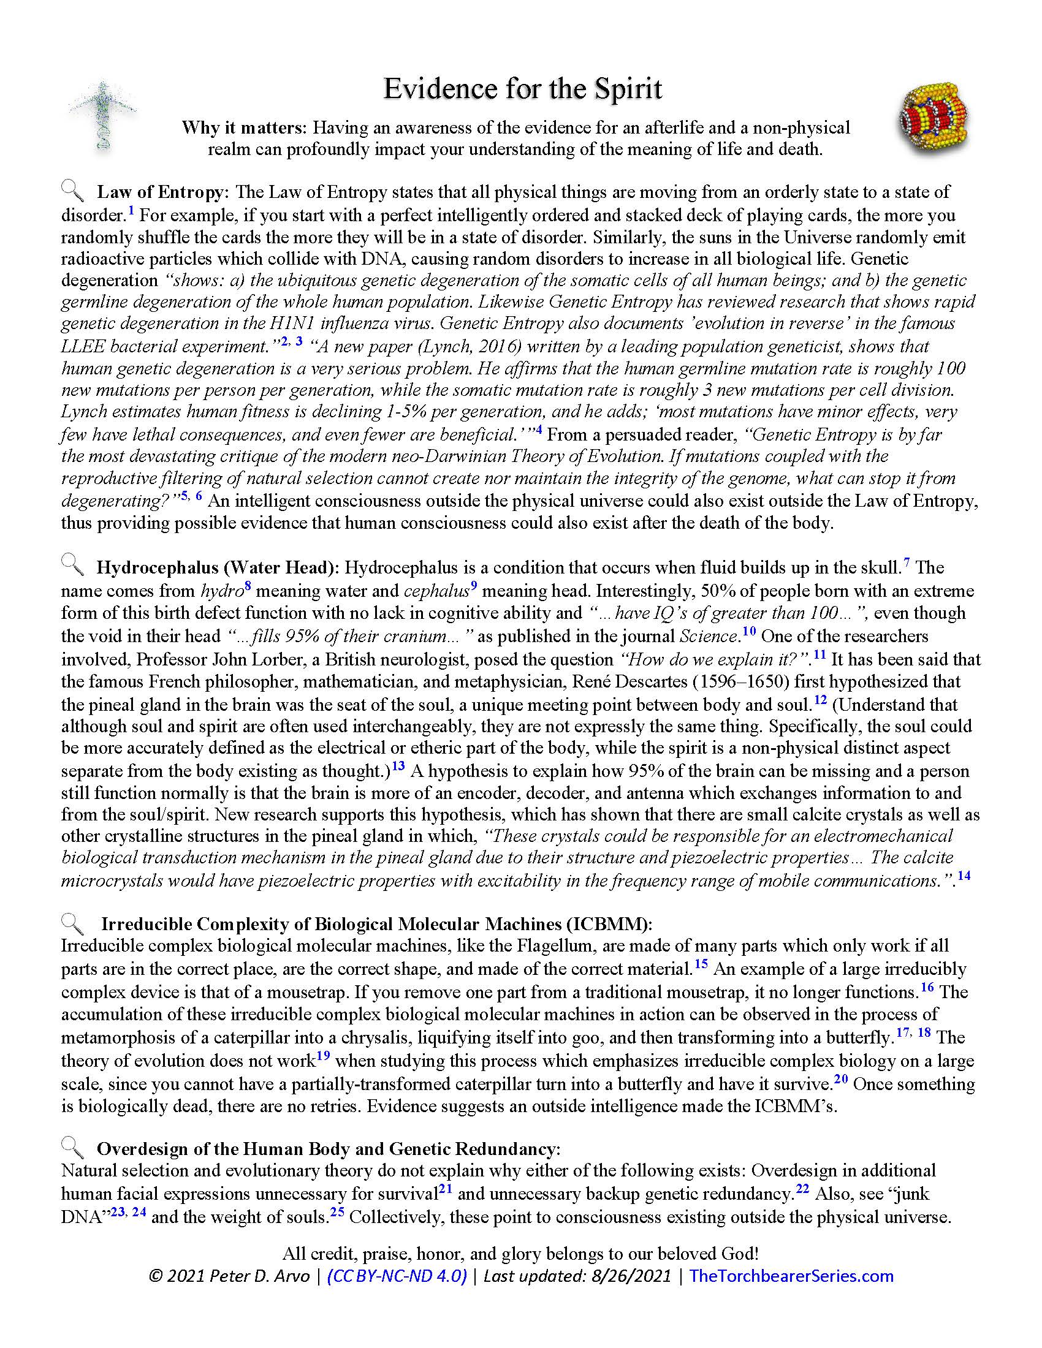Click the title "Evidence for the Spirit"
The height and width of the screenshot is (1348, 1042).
(522, 89)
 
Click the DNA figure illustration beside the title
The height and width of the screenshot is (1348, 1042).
(102, 115)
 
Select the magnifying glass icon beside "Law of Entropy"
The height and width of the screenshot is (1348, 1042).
(73, 191)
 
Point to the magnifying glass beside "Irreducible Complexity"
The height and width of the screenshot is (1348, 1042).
(73, 923)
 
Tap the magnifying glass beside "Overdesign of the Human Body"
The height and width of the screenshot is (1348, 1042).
(73, 1148)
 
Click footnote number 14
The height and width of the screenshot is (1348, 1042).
(964, 874)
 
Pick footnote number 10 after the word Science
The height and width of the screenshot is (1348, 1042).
(749, 630)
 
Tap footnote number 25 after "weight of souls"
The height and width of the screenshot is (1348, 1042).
(337, 1211)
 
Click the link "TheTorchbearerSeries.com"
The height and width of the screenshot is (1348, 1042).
(791, 1276)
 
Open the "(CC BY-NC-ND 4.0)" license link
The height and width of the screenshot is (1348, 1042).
(397, 1276)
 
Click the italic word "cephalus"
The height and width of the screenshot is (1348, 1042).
(436, 591)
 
